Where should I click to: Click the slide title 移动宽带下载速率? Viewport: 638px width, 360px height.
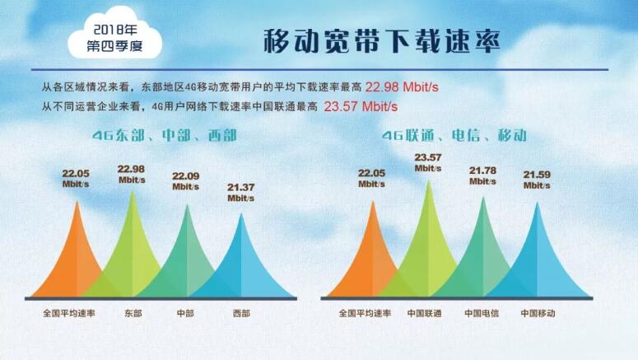tap(381, 41)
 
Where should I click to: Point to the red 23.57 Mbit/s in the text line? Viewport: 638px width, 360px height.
tap(361, 105)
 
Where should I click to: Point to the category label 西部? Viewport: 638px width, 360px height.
tap(242, 314)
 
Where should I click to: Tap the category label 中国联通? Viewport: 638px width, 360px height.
tap(425, 314)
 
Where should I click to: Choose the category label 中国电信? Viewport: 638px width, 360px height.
tap(482, 314)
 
